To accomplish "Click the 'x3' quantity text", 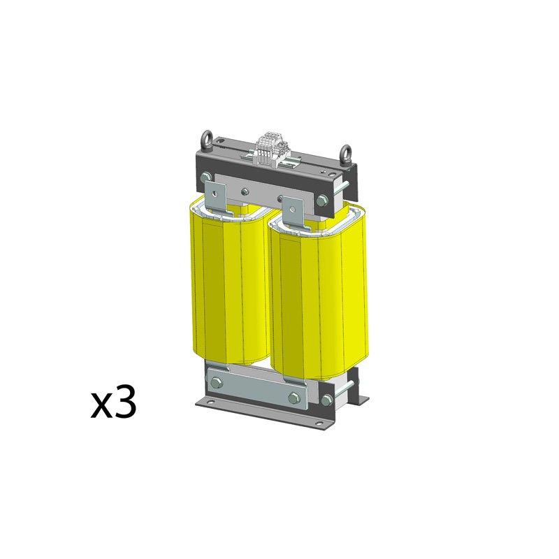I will coord(112,405).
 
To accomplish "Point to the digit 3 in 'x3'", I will coord(122,404).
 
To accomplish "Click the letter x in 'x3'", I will coord(101,407).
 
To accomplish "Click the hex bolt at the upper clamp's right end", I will coord(321,201).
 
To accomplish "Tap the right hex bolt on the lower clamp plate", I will coord(293,400).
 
